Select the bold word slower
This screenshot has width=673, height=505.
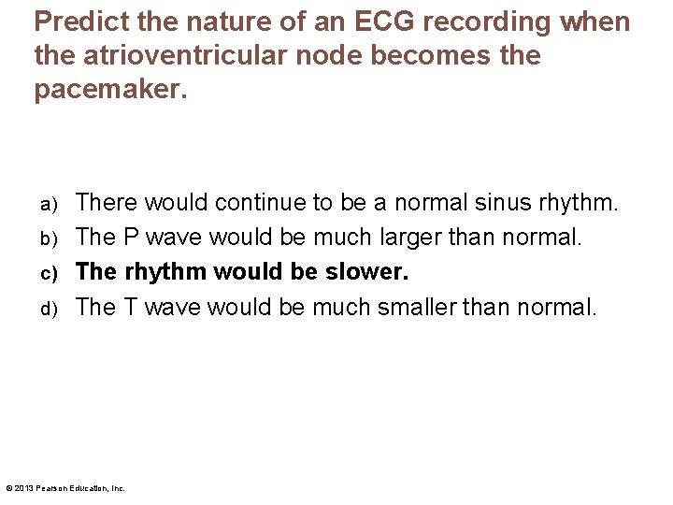(x=366, y=271)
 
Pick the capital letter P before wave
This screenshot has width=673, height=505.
(x=132, y=237)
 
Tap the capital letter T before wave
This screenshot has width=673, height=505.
(x=131, y=306)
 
